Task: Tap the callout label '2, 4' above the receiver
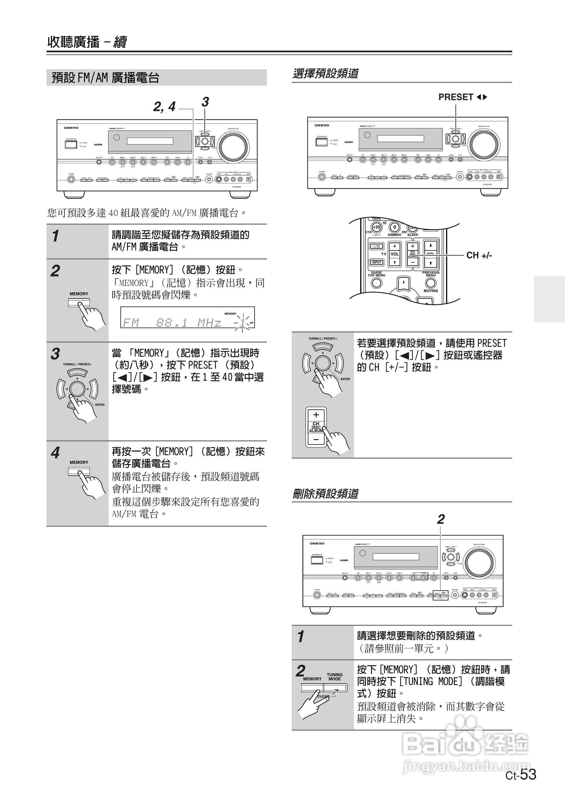164,106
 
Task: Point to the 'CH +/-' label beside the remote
479,255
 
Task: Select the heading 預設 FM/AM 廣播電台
105,77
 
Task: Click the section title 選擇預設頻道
325,73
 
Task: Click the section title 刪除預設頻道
325,493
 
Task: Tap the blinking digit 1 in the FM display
242,323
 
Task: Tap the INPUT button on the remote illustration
376,262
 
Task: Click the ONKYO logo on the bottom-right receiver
317,543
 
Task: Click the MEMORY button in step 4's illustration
79,471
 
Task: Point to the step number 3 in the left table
55,354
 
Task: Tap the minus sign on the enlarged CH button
316,439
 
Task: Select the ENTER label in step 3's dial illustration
100,405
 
